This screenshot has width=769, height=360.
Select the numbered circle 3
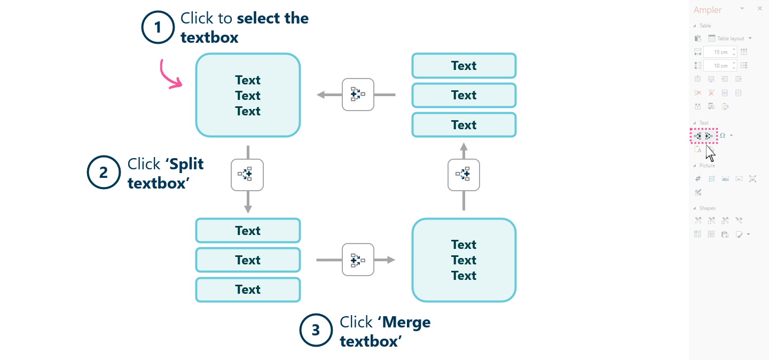click(316, 330)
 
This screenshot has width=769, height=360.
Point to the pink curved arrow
click(170, 75)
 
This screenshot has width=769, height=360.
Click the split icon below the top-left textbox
click(247, 175)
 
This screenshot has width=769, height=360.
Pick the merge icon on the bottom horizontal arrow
click(358, 260)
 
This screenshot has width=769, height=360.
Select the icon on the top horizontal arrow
click(358, 95)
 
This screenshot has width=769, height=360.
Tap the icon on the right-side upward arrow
click(464, 174)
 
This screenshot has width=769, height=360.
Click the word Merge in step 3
click(406, 322)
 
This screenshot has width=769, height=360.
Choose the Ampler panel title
click(707, 10)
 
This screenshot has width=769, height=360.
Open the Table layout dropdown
click(730, 38)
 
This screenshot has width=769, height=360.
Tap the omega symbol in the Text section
click(723, 136)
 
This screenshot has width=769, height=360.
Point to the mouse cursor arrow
click(709, 152)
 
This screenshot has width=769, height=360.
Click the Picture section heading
click(707, 166)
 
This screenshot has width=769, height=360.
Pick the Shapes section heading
click(707, 208)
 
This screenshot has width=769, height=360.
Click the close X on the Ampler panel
click(760, 9)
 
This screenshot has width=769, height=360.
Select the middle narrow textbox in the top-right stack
click(464, 95)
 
